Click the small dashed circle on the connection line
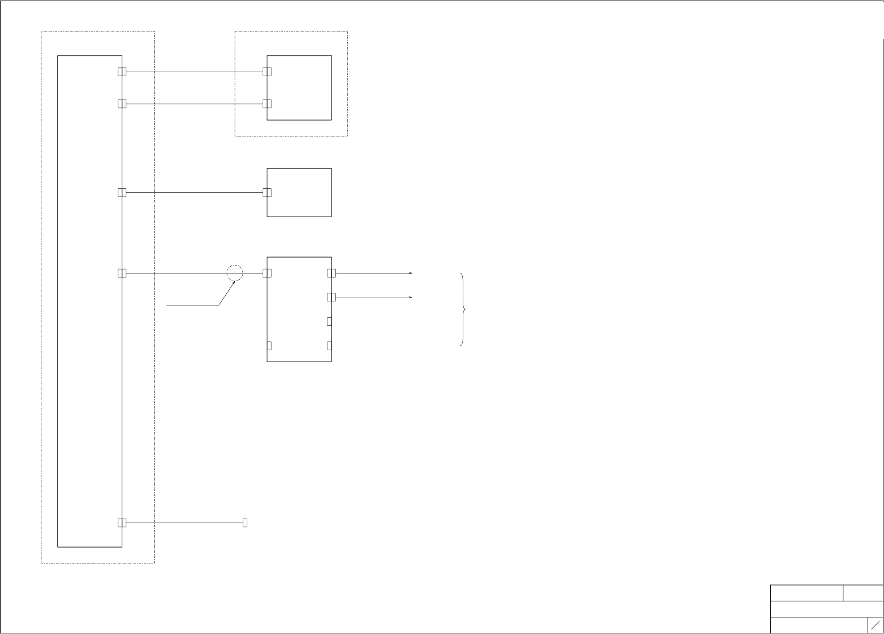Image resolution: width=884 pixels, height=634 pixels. click(235, 273)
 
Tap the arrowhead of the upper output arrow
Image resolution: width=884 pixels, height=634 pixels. click(410, 273)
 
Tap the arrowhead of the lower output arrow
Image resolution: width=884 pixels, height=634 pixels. click(410, 297)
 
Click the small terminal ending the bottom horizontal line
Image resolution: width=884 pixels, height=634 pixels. click(245, 523)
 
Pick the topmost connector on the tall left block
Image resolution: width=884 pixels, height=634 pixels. click(122, 72)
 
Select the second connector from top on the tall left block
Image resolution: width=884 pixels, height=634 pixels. click(122, 104)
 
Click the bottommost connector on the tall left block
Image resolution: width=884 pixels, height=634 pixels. click(122, 523)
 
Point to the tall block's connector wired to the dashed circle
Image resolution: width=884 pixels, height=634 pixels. click(122, 273)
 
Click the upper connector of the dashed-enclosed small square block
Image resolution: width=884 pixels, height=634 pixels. click(267, 72)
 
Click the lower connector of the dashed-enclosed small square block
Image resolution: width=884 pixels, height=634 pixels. click(267, 104)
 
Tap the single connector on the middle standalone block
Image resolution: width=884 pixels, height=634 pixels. click(267, 192)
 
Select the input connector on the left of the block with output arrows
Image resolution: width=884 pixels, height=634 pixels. click(267, 273)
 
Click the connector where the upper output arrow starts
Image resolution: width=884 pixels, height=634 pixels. click(331, 273)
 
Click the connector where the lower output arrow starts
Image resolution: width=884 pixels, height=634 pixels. click(331, 297)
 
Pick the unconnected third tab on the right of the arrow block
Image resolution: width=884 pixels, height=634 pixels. click(330, 321)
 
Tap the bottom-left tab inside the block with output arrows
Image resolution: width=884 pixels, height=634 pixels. click(269, 346)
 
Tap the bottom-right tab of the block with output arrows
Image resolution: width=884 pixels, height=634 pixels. click(330, 346)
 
